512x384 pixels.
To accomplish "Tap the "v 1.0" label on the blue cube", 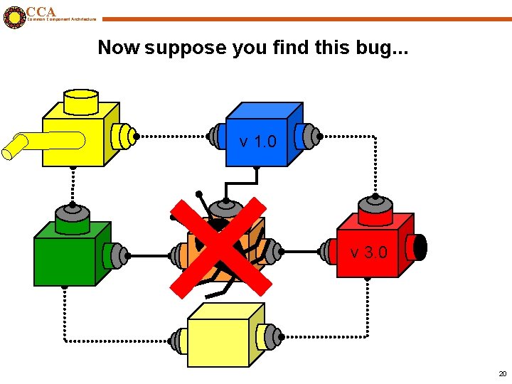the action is pyautogui.click(x=257, y=142).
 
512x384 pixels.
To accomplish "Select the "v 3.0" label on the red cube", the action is pyautogui.click(x=368, y=252).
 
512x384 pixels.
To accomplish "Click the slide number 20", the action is pyautogui.click(x=502, y=373).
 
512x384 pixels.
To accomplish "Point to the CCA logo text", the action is pyautogui.click(x=41, y=11).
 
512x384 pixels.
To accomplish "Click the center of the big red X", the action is pyautogui.click(x=220, y=246).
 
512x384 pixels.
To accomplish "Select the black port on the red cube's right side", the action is pyautogui.click(x=420, y=247).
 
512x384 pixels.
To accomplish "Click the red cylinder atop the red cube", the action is pyautogui.click(x=375, y=210).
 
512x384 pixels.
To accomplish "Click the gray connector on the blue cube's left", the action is pyautogui.click(x=217, y=135).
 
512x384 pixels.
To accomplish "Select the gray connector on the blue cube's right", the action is pyautogui.click(x=308, y=135).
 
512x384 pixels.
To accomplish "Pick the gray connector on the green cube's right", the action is pyautogui.click(x=116, y=254).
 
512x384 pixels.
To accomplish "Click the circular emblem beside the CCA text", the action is pyautogui.click(x=14, y=17).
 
